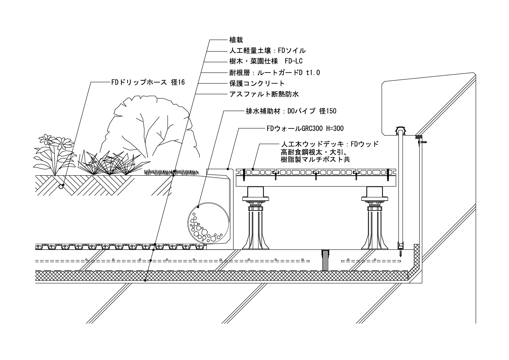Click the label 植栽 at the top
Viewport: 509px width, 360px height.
click(x=236, y=40)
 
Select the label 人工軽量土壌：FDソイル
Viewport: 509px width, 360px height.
click(x=267, y=51)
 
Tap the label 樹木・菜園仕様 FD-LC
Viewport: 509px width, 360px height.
click(x=266, y=61)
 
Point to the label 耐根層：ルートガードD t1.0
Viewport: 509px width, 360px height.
click(x=274, y=73)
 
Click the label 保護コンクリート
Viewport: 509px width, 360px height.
click(x=257, y=84)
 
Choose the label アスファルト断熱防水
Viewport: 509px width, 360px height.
click(x=264, y=94)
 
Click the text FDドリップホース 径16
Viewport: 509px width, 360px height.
click(x=148, y=82)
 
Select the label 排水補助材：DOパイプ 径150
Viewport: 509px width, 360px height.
click(x=291, y=111)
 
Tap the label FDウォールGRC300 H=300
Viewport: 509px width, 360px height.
click(x=305, y=129)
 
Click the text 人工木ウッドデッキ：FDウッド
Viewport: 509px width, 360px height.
click(x=330, y=144)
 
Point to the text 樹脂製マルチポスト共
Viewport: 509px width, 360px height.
click(x=315, y=160)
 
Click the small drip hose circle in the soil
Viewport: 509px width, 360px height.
click(x=61, y=187)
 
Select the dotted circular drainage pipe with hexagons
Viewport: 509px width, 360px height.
click(x=208, y=223)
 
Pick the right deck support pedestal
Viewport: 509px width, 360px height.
click(x=375, y=220)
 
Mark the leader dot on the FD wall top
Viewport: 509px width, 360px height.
click(x=228, y=169)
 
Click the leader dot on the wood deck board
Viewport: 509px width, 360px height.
click(x=253, y=169)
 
